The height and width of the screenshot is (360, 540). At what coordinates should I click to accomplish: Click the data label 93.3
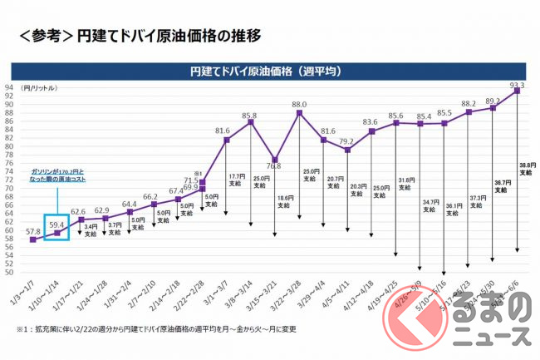pyautogui.click(x=516, y=85)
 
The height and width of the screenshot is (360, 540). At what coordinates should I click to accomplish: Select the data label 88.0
pyautogui.click(x=299, y=105)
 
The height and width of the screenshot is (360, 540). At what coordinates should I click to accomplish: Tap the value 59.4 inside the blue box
pyautogui.click(x=57, y=223)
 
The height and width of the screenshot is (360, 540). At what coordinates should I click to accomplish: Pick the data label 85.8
pyautogui.click(x=249, y=116)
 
